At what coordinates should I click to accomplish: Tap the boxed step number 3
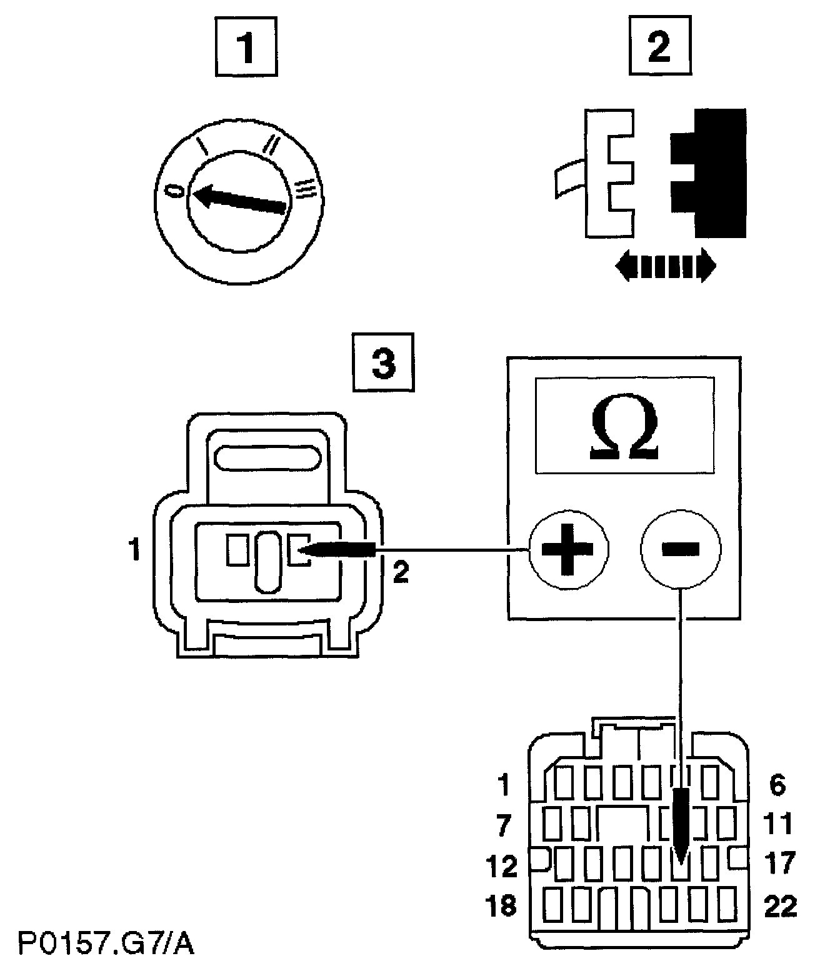point(383,364)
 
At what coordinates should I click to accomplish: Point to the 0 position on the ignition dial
point(177,189)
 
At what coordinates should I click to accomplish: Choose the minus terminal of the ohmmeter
point(681,549)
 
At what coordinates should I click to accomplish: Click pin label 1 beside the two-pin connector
point(132,552)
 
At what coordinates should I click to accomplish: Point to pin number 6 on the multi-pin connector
point(777,785)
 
